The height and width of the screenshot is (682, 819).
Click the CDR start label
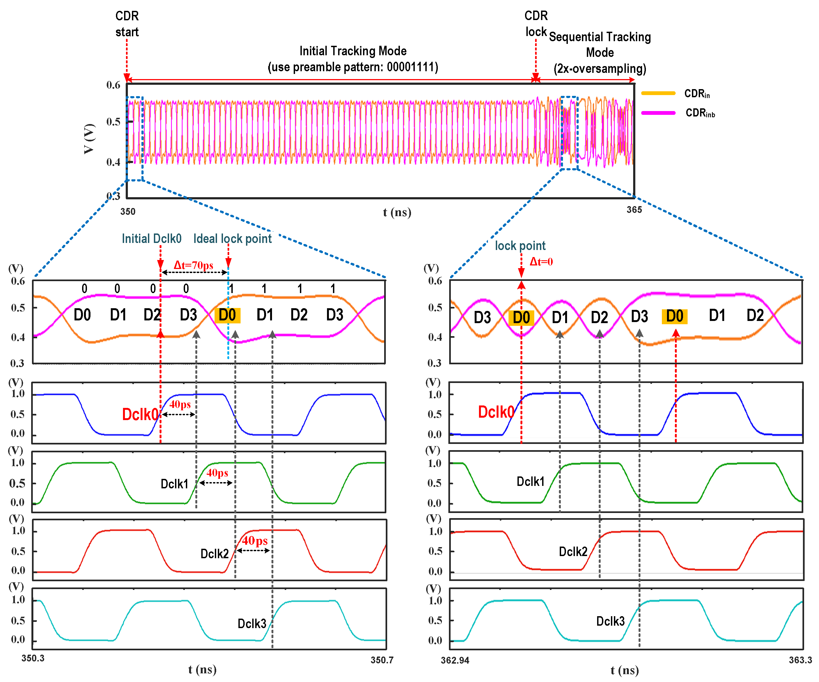tap(127, 24)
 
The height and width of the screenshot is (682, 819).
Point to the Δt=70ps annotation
tap(193, 265)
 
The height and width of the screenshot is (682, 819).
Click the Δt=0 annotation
tap(541, 262)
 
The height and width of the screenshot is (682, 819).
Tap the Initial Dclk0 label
tap(151, 239)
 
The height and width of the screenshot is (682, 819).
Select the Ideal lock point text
tap(232, 239)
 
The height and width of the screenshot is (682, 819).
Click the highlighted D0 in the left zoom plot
tap(227, 315)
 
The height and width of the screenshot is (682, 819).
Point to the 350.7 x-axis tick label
tap(382, 660)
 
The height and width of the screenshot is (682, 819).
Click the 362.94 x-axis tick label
tap(455, 660)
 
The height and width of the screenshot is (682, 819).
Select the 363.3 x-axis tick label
tap(800, 660)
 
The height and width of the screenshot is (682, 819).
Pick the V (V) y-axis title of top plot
tap(89, 139)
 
